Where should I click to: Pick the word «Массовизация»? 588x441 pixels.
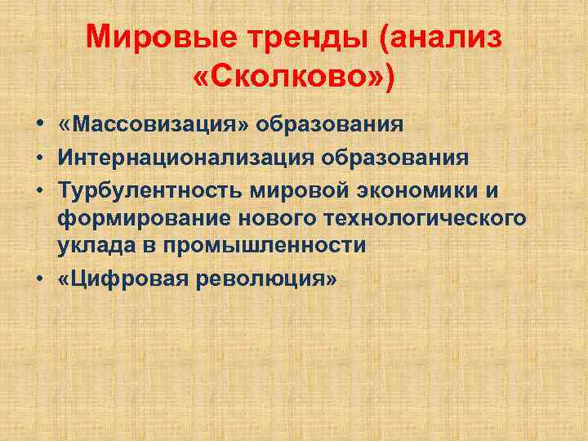[158, 125]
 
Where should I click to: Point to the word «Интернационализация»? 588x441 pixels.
[194, 157]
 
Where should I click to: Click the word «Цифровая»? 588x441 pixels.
[127, 278]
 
